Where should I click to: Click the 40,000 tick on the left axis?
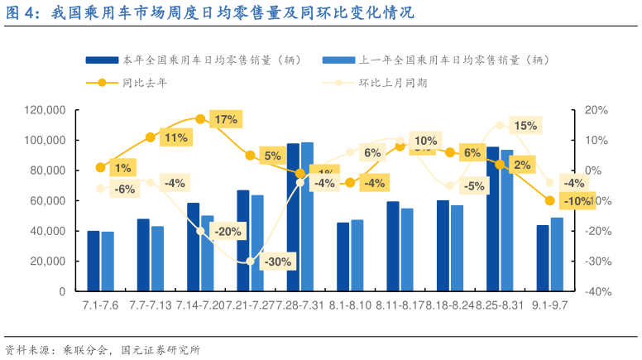click(x=49, y=231)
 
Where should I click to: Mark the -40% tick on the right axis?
click(x=596, y=291)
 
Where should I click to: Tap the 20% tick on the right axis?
click(x=596, y=110)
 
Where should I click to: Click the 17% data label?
click(x=225, y=120)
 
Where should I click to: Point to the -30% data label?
click(x=275, y=262)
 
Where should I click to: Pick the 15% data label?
click(x=525, y=126)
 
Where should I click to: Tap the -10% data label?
click(x=576, y=200)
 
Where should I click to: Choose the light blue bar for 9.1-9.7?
click(x=557, y=254)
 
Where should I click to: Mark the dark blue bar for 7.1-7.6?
click(x=93, y=261)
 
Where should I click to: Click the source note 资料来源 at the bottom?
click(x=103, y=349)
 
